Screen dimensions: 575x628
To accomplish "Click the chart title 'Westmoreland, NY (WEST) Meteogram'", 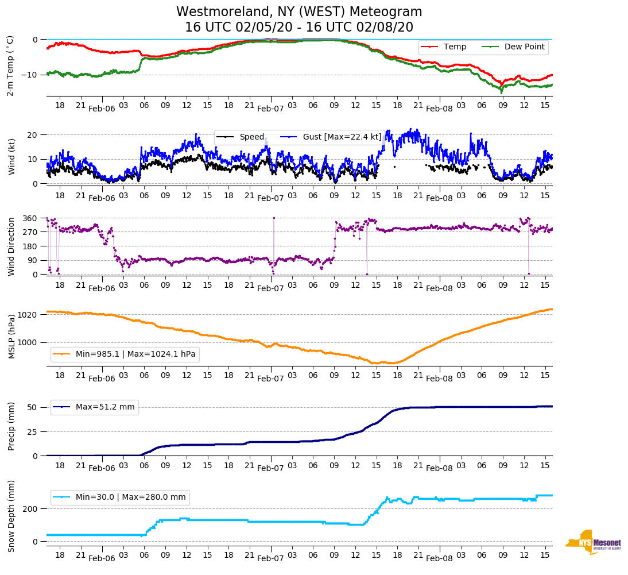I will pyautogui.click(x=299, y=12).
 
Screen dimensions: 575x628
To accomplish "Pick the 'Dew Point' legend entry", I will pyautogui.click(x=524, y=47).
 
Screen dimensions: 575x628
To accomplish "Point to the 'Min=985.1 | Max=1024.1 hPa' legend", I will pyautogui.click(x=135, y=354).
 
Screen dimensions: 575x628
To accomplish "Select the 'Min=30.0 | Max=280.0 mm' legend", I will pyautogui.click(x=130, y=497).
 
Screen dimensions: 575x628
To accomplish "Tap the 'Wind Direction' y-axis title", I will pyautogui.click(x=11, y=246).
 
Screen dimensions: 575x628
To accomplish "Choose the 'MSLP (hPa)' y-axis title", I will pyautogui.click(x=11, y=337).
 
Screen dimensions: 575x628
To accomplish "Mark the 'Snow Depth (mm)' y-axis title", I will pyautogui.click(x=11, y=516).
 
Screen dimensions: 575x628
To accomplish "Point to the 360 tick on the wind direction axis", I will pyautogui.click(x=30, y=218).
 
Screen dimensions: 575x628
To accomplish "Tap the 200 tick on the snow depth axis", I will pyautogui.click(x=30, y=509).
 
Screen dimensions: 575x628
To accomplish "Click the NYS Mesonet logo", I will pyautogui.click(x=593, y=542).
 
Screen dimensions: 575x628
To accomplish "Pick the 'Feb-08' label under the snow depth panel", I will pyautogui.click(x=440, y=558).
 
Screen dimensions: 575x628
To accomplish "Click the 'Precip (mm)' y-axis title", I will pyautogui.click(x=11, y=427).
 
